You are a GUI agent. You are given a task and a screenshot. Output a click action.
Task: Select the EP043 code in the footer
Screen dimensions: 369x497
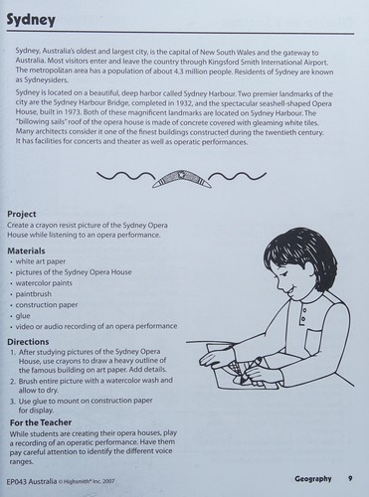tap(16, 482)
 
